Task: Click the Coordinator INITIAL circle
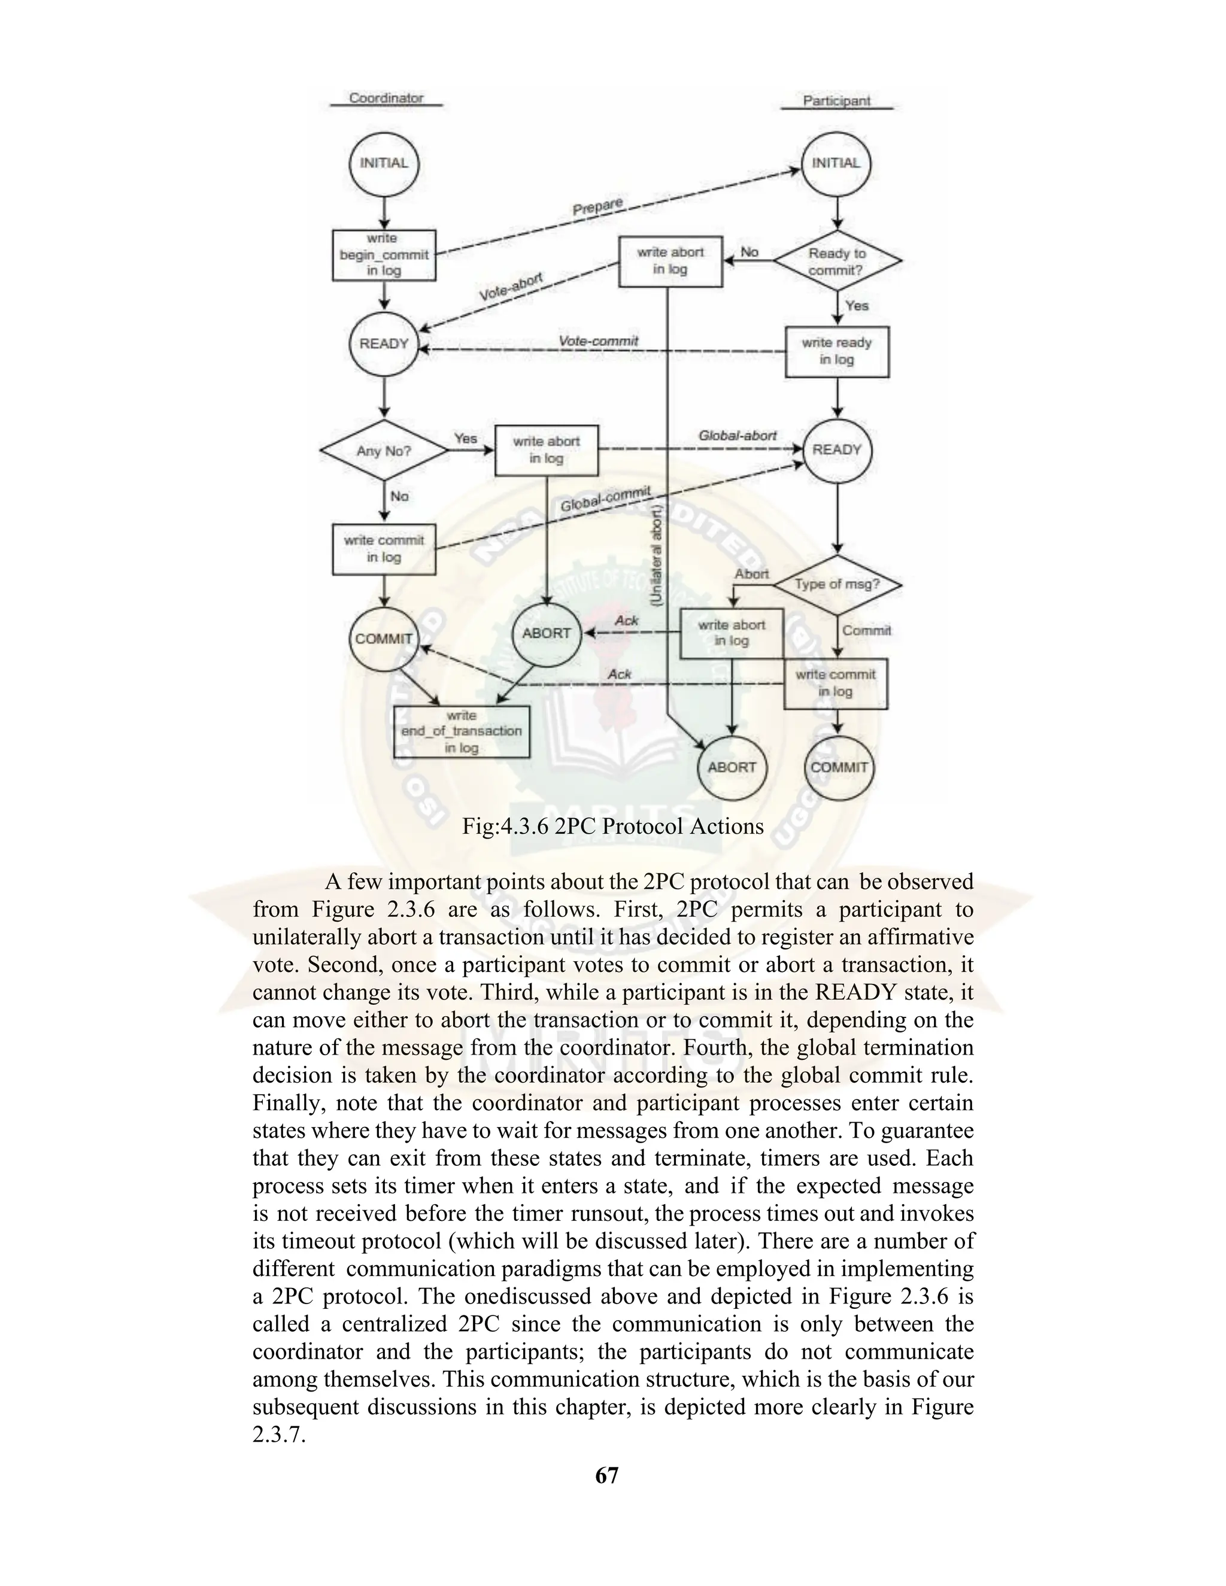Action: point(384,163)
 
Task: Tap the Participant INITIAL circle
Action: point(836,163)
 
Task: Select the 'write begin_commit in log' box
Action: point(384,255)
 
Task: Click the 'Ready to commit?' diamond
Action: point(837,262)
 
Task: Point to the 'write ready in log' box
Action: point(837,351)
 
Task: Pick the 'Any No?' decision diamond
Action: point(384,451)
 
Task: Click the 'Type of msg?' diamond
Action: point(837,584)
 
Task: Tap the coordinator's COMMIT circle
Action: point(384,639)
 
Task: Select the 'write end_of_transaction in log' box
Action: point(461,731)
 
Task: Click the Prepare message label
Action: point(597,206)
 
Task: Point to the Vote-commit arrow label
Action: point(599,341)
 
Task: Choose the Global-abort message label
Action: point(737,435)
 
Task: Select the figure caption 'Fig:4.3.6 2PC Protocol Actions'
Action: point(612,826)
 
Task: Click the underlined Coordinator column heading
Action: point(386,98)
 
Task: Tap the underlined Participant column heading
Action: point(836,101)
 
